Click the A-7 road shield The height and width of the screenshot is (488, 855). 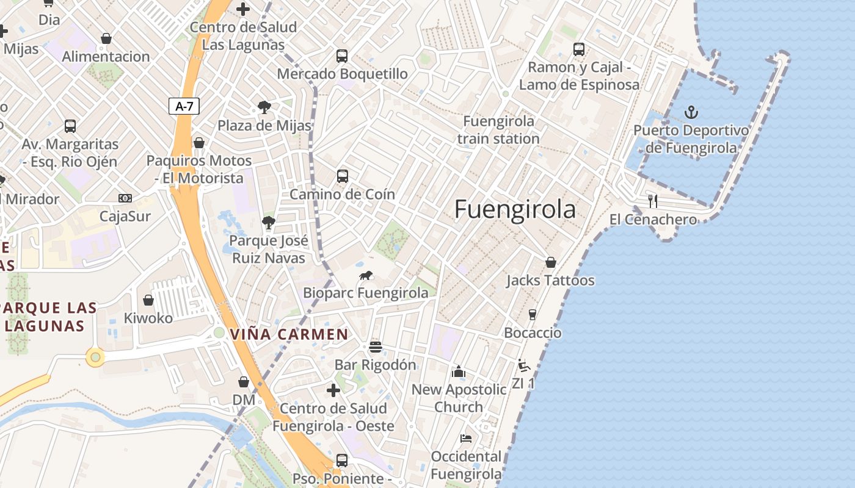coord(184,106)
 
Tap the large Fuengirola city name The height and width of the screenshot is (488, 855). coord(515,209)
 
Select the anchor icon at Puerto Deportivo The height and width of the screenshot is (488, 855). coord(691,112)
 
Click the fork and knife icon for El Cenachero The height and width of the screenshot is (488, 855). coord(653,201)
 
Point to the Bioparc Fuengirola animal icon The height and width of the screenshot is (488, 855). coord(366,275)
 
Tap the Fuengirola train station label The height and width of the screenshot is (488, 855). coord(498,130)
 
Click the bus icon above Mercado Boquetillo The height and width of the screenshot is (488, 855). coord(342,56)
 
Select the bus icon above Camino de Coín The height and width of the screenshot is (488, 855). coord(343,176)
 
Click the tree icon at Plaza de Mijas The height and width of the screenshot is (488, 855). coord(264,108)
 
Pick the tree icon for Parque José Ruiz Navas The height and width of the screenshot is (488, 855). coord(268,222)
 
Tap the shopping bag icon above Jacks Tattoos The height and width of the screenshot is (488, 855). coord(550,262)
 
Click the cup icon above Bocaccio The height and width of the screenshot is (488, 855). coord(532,314)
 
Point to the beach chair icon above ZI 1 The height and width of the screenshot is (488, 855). coord(523,365)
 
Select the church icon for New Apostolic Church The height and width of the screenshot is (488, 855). coord(458,371)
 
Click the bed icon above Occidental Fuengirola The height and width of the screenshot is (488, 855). coord(466,438)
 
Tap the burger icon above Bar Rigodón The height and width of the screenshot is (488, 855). coord(375,347)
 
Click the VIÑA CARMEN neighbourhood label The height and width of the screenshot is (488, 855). coord(289,334)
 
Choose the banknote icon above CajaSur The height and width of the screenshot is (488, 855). coord(125,198)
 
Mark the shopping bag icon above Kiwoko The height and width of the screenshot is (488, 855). coord(148,300)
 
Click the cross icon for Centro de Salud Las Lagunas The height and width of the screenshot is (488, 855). coord(243,9)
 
